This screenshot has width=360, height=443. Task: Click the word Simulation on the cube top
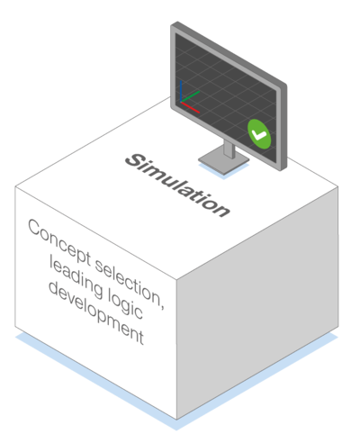(x=177, y=185)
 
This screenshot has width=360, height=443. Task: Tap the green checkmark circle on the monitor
(x=259, y=134)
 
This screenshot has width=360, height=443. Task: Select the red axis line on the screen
(x=190, y=107)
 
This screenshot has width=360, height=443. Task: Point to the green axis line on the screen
(x=190, y=96)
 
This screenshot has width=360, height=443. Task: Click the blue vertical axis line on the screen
(x=181, y=91)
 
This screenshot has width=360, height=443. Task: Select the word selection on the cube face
(x=128, y=282)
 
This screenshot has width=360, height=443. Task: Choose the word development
(x=96, y=312)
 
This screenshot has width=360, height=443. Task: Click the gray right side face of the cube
(x=257, y=303)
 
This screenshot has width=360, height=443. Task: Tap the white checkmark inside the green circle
(x=259, y=135)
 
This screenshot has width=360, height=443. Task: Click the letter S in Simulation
(x=134, y=161)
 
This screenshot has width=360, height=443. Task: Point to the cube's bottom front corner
(x=176, y=420)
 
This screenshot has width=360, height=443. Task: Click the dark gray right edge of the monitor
(x=283, y=126)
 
